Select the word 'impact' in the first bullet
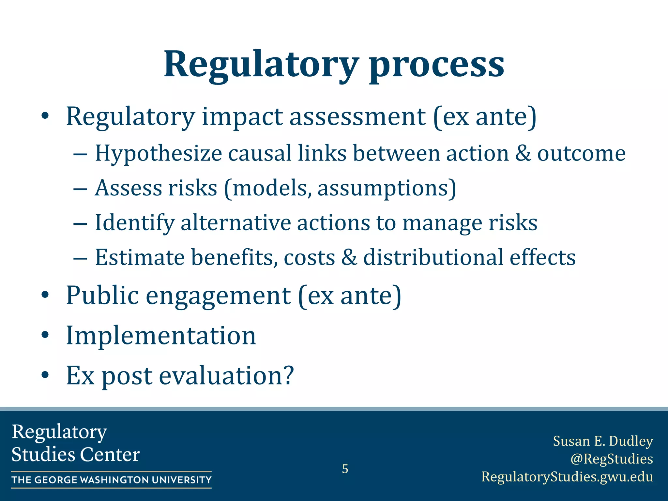242,117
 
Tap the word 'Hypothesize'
159,153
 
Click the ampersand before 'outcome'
523,153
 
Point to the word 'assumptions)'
387,189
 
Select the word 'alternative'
235,223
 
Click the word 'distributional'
433,257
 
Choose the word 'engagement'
218,296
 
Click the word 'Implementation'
161,336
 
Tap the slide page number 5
345,469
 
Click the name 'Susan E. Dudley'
603,441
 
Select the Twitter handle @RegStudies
611,459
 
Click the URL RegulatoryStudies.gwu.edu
567,477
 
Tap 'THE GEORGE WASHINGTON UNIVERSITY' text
111,480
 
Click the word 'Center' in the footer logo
110,454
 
